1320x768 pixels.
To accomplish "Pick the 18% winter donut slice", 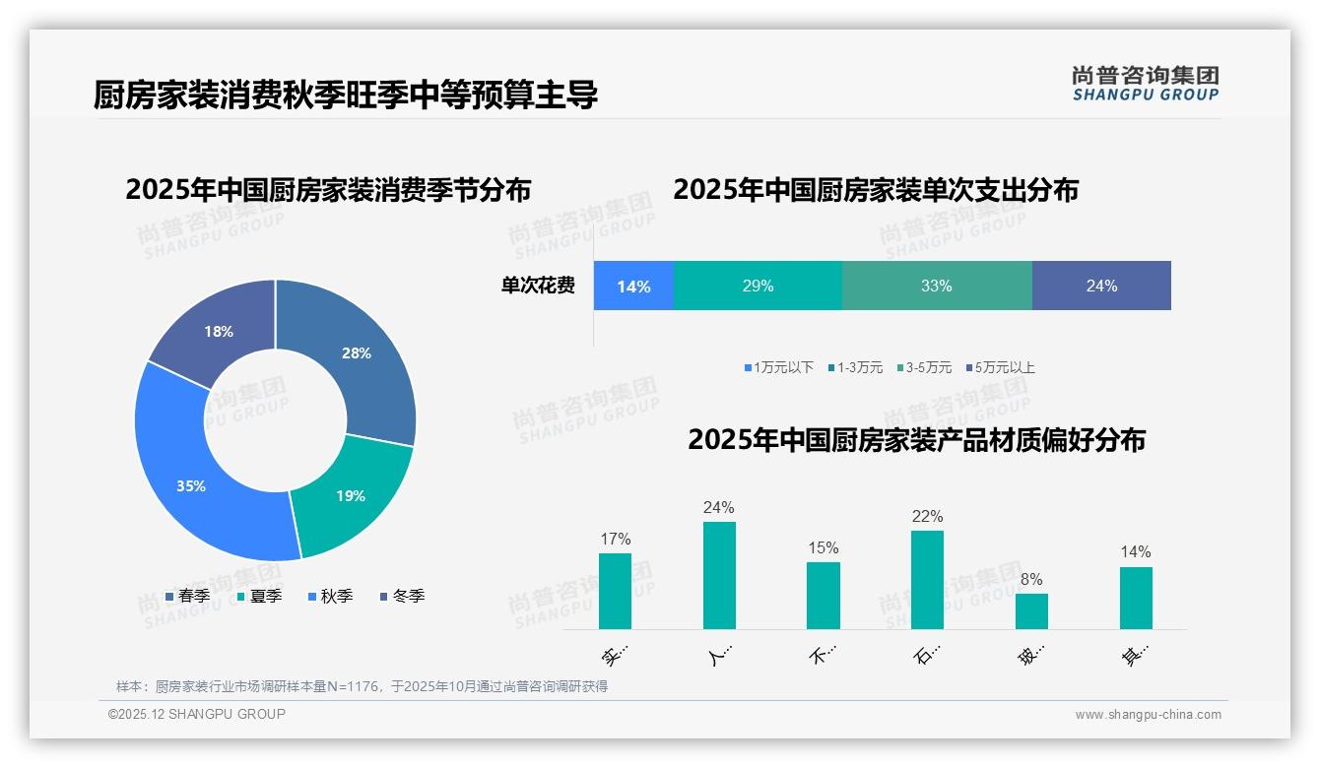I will click(x=217, y=330).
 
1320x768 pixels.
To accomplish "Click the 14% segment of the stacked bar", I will click(x=633, y=287).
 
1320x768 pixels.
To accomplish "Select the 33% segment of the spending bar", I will click(x=937, y=287).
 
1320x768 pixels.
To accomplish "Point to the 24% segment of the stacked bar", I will click(x=1101, y=287).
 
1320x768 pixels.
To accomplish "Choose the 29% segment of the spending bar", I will click(x=758, y=287).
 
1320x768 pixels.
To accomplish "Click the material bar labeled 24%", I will click(x=719, y=575).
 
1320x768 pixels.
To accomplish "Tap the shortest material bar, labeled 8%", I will click(x=1031, y=610).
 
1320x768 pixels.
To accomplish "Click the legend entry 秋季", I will click(x=330, y=597).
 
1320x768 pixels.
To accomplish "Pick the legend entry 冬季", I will click(x=402, y=597).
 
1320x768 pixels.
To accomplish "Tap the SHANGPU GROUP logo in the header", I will click(x=1145, y=84).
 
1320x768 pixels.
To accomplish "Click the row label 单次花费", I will click(x=538, y=287).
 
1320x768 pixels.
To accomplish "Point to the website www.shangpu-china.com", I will click(x=1148, y=715).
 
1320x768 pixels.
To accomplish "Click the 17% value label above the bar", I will click(x=615, y=540).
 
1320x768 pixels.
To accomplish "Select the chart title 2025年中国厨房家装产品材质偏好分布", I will click(x=916, y=440).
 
